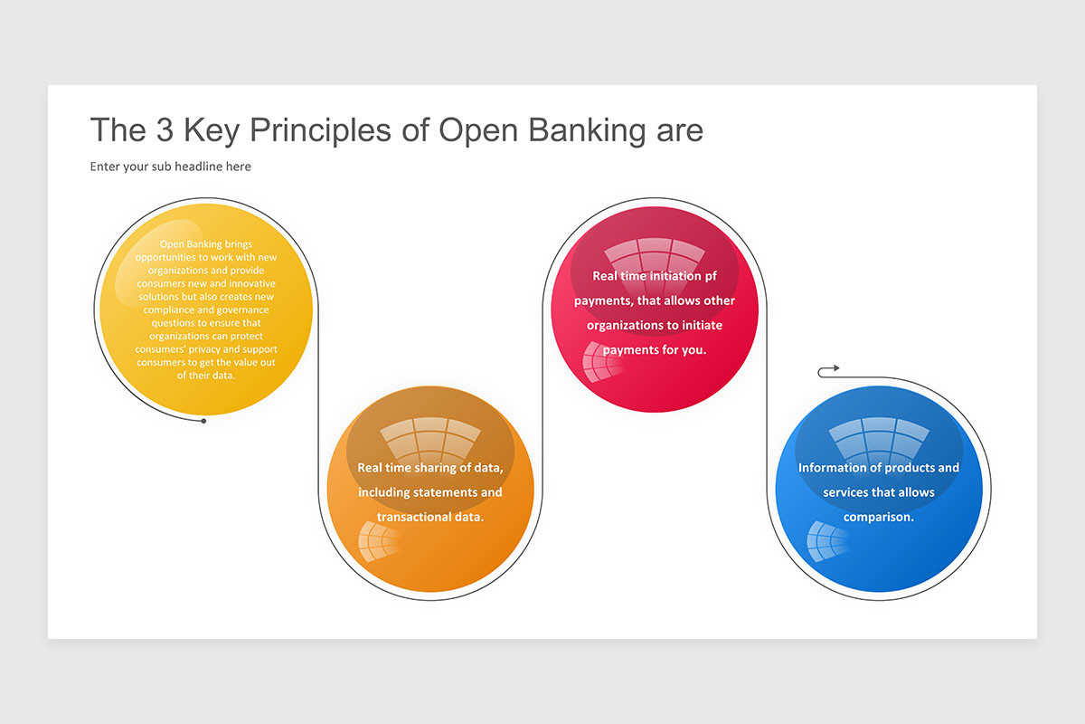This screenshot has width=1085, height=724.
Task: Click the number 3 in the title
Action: point(165,130)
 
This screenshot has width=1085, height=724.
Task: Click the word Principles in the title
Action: point(320,131)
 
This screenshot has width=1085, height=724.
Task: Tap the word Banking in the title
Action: point(587,131)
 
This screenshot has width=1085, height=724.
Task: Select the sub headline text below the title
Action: point(171,167)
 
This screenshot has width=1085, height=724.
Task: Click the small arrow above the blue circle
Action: point(828,371)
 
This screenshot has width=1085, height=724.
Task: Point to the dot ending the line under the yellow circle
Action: point(204,421)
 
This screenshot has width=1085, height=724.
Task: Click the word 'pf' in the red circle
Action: point(711,276)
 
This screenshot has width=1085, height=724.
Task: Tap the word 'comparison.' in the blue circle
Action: point(879,517)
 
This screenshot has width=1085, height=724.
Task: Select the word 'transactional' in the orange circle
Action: point(414,517)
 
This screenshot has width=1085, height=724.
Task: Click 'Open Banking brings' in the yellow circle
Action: point(206,244)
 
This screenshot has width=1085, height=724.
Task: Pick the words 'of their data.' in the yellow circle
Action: point(206,376)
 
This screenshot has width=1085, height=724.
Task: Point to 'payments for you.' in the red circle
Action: point(655,349)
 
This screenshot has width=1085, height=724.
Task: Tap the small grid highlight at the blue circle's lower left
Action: point(826,541)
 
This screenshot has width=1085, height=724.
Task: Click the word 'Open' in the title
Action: point(478,131)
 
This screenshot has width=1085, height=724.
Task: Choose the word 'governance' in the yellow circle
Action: point(242,310)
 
